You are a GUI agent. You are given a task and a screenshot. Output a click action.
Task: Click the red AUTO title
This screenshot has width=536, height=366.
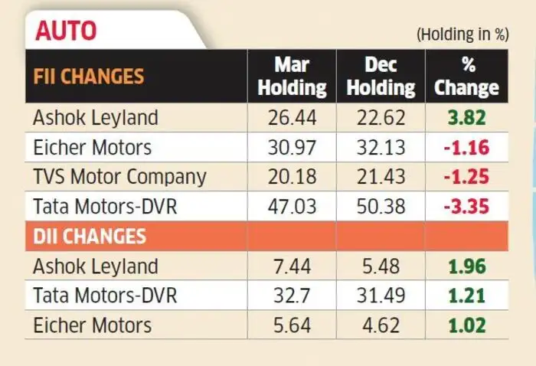pos(66,31)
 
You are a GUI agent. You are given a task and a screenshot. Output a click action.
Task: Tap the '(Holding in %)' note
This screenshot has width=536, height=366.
pos(462,34)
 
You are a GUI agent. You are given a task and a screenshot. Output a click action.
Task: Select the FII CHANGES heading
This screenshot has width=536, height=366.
pos(89,76)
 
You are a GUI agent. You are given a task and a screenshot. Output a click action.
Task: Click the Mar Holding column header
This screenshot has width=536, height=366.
pos(292,77)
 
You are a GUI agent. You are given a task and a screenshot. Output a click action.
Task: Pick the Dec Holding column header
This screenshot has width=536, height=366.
pos(381,77)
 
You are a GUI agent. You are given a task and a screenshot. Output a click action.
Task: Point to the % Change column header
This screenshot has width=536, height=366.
pos(467,77)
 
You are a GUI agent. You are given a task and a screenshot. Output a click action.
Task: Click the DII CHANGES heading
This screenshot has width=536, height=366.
pos(90,236)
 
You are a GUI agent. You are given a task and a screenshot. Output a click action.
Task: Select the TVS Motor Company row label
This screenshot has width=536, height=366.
pos(119,177)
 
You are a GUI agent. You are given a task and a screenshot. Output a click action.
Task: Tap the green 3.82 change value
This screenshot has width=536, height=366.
pos(467,118)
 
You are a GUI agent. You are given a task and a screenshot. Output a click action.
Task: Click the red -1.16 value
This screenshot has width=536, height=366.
pos(466,147)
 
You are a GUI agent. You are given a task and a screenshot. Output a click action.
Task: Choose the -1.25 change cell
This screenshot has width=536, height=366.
pos(466,177)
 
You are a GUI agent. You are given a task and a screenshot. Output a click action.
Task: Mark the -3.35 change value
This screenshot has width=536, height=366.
pos(466,207)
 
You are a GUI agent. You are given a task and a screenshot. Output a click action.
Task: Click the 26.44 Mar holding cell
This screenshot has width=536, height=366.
pos(293,118)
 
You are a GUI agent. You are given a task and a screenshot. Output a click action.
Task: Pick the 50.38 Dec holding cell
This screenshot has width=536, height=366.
pos(381,207)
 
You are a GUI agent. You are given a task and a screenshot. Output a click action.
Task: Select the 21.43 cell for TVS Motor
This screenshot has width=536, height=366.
pos(381,177)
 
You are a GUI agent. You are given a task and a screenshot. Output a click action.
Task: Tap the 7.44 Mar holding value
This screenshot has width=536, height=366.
pos(293,266)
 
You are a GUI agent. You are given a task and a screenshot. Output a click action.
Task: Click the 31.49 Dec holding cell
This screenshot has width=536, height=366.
pos(381,296)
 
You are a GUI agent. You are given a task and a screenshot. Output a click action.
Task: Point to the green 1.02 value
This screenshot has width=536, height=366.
pos(467,325)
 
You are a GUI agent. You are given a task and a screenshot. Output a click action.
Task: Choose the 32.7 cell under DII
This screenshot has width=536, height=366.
pos(292,296)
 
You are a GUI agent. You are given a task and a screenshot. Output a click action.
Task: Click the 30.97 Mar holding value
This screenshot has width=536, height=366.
pos(293,147)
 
